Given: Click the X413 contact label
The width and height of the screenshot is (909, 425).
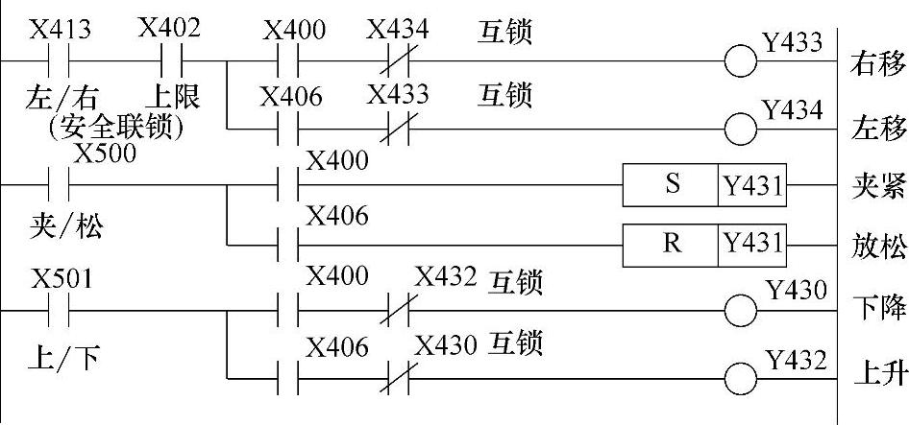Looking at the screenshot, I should coord(61,30).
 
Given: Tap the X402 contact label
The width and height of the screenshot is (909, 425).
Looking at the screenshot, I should coord(169,28).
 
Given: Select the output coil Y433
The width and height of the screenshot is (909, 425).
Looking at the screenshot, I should coord(741,63).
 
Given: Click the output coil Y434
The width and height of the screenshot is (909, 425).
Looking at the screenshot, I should coord(741,130).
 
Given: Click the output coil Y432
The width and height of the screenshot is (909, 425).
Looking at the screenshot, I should coord(741,379).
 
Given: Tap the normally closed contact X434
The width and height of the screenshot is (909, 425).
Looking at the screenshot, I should coord(389,63).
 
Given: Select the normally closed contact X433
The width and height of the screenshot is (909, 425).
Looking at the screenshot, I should coord(389,130).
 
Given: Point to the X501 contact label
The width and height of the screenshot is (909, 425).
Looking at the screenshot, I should coord(61,278).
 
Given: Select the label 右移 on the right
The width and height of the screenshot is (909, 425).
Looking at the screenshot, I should coord(877,64).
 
